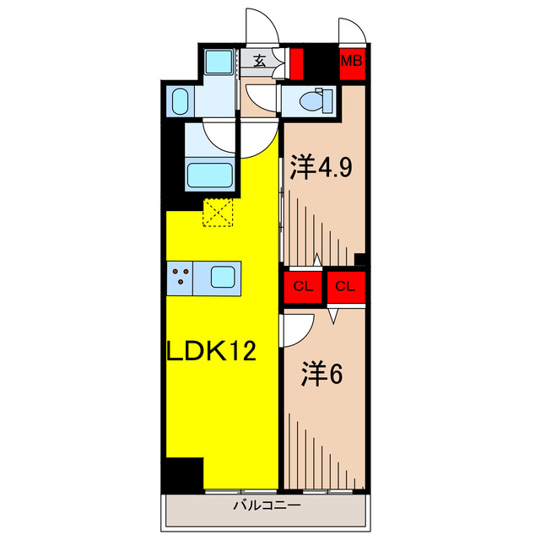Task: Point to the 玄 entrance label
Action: [259, 61]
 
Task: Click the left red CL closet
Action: [303, 286]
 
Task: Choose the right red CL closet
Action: [345, 286]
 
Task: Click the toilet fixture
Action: [312, 100]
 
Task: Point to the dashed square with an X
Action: [218, 213]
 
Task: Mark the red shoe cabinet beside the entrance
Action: [295, 62]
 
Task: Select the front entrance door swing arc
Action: [263, 29]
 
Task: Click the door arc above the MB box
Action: [351, 32]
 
